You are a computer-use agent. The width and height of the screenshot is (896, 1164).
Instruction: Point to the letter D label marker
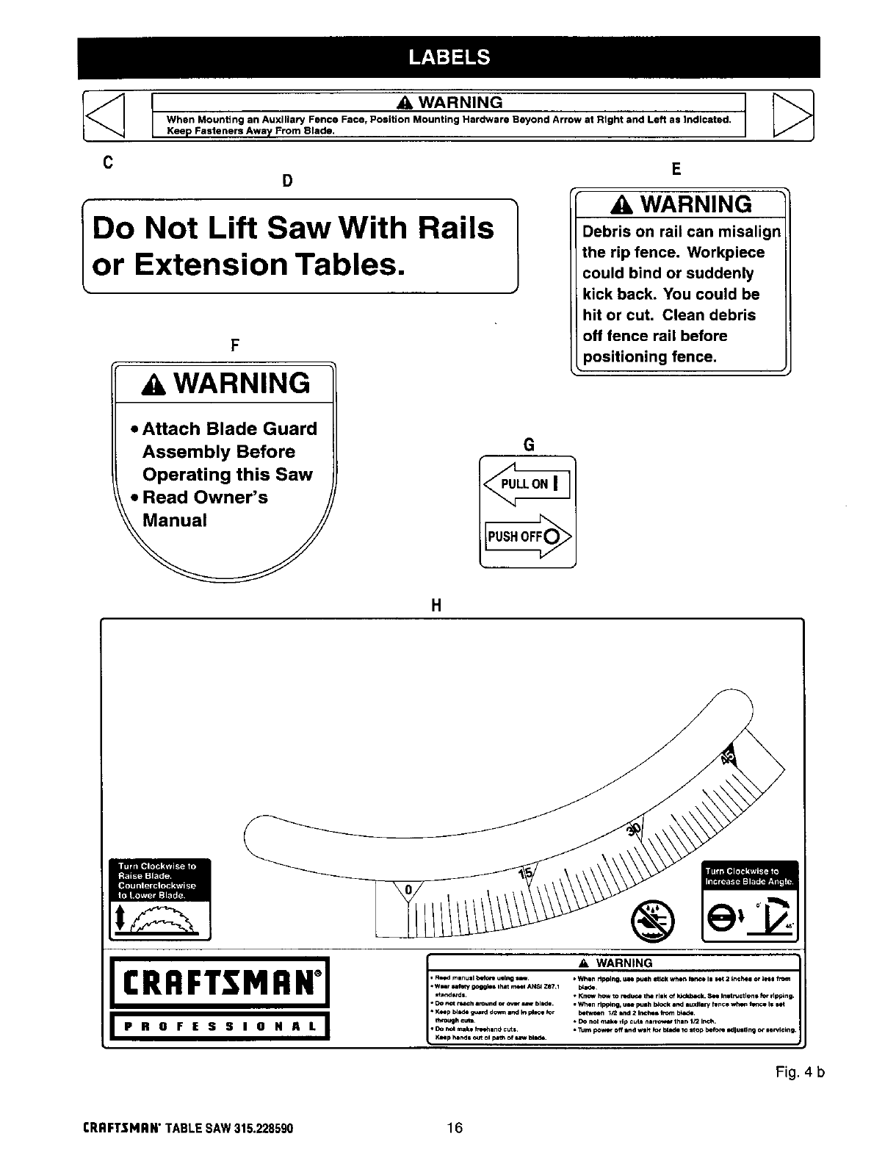coord(288,181)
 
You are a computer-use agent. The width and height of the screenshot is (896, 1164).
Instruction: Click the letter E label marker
coord(676,170)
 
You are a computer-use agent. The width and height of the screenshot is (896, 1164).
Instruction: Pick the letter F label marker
coord(235,345)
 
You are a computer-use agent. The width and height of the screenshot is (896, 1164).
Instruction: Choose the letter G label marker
coord(527,445)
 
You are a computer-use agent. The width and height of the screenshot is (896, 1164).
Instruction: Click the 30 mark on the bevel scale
coord(634,829)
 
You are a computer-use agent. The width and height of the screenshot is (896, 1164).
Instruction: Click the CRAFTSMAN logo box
coord(219,982)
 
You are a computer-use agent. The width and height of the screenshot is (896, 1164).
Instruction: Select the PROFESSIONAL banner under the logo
coord(219,1027)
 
